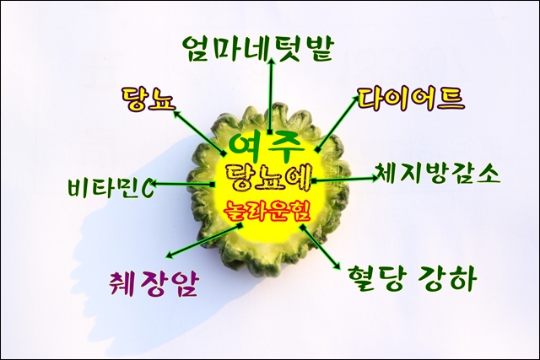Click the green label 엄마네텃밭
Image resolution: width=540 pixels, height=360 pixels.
point(257,49)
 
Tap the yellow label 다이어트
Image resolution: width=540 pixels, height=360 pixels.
point(411,99)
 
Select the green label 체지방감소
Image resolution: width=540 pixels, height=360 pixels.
point(437,173)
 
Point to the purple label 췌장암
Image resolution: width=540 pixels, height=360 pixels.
point(154,283)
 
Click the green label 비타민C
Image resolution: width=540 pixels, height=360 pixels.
point(111,187)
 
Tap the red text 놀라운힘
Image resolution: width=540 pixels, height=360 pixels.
point(267,211)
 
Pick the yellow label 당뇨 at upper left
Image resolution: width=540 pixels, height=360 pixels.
point(148,99)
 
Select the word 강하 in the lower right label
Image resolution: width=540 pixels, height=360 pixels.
point(448,278)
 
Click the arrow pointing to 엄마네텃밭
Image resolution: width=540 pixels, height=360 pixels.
point(272,95)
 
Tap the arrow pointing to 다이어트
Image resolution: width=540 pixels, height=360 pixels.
point(337,124)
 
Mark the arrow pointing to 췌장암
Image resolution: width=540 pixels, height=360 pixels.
point(204,240)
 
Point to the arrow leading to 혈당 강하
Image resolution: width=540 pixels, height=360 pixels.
point(320,247)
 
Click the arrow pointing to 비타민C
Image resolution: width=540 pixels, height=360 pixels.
point(183,184)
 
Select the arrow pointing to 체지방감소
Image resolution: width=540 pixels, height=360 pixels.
point(345,179)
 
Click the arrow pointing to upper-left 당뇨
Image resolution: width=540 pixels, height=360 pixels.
point(199,132)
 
